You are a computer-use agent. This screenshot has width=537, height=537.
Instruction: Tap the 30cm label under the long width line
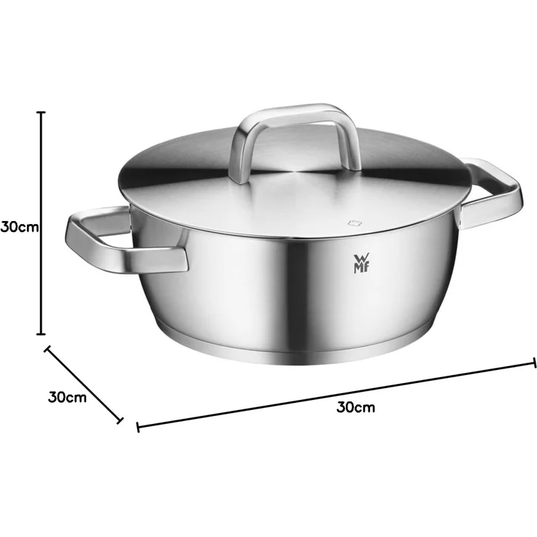(x=356, y=406)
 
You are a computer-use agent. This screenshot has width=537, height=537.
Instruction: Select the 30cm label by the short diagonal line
(x=67, y=398)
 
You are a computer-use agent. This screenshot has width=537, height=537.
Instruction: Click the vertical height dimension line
(x=42, y=219)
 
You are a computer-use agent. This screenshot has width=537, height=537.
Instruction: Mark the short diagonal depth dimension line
(x=84, y=384)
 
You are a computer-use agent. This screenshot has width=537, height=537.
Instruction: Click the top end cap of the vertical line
(x=42, y=112)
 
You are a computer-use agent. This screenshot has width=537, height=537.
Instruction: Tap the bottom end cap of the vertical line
(x=42, y=333)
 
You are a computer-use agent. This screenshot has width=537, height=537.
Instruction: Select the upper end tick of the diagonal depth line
(x=47, y=348)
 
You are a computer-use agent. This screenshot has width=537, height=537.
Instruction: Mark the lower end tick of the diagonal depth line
(x=120, y=420)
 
